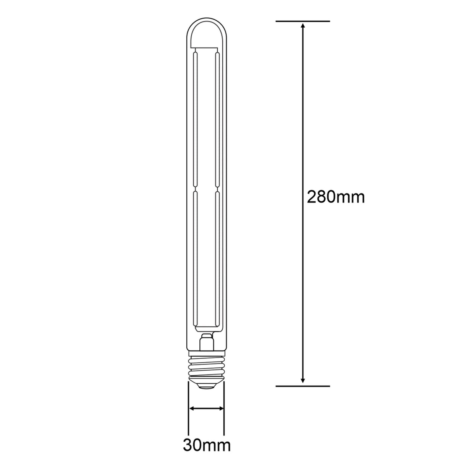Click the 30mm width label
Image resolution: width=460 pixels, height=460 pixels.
pyautogui.click(x=207, y=445)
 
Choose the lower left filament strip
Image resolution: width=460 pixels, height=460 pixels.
pyautogui.click(x=195, y=261)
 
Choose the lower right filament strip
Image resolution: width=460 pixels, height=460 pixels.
pyautogui.click(x=217, y=261)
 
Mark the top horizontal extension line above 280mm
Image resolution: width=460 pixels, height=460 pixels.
pyautogui.click(x=303, y=21)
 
